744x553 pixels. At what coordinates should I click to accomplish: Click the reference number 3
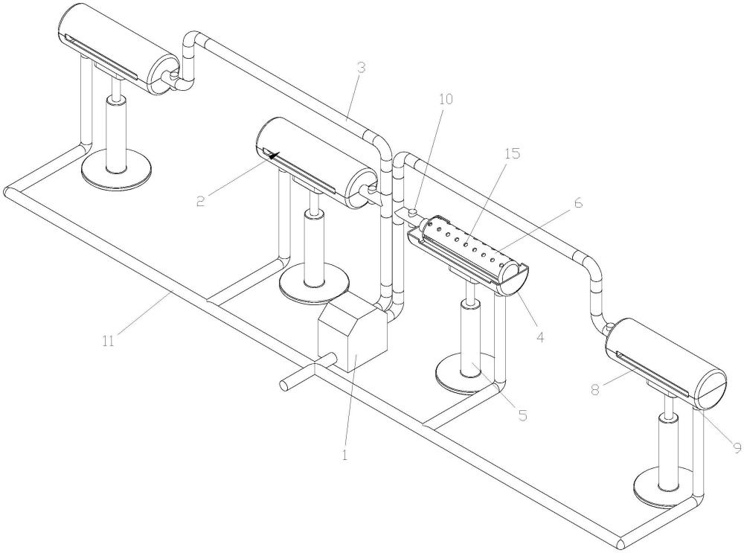coord(362,68)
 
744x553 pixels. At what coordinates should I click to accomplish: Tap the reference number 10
coord(446,99)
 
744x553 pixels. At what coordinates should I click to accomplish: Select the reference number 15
coord(513,153)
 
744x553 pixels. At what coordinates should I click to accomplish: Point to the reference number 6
coord(577,202)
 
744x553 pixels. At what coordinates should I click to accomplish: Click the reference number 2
coord(201,201)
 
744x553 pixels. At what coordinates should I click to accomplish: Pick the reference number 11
coord(109,341)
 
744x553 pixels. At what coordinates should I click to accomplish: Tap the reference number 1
coord(345,455)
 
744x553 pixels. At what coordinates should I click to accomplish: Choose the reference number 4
coord(540,337)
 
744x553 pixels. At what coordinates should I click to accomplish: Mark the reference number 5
coord(522,415)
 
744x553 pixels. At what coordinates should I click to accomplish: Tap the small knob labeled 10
coord(413,211)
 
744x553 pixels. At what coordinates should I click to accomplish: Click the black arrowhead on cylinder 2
coord(272,154)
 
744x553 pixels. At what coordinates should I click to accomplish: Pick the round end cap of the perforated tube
coord(513,278)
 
